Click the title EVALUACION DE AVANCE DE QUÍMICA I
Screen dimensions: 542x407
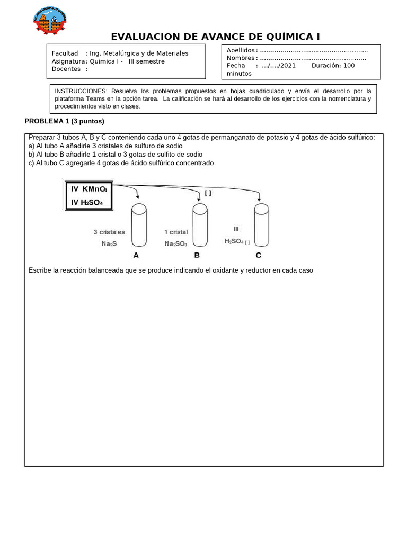(215, 37)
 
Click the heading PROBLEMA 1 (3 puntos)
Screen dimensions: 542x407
(64, 121)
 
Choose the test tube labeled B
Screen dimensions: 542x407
(200, 225)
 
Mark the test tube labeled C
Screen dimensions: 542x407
(261, 225)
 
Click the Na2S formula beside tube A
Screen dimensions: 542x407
(109, 244)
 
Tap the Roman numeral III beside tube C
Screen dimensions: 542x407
(236, 229)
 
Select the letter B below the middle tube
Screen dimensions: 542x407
(197, 256)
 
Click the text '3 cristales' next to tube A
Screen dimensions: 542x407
(109, 232)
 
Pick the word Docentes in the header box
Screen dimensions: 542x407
(66, 69)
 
